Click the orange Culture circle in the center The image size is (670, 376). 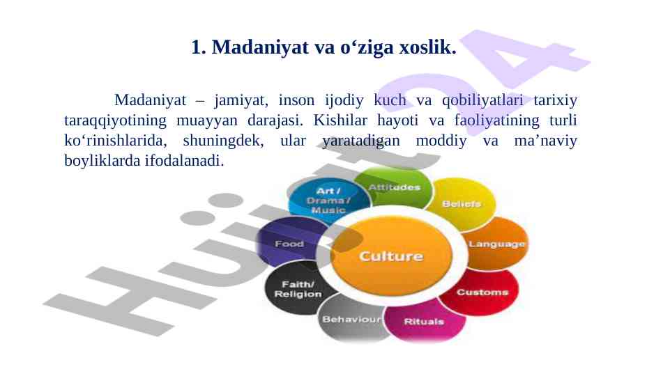point(391,256)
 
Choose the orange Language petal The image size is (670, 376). point(496,244)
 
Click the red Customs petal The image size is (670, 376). point(482,292)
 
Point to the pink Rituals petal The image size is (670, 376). point(425,321)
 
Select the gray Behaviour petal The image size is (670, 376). point(351,319)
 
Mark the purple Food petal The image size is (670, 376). point(289,244)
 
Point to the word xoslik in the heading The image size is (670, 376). point(427,47)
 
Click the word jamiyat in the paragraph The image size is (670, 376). point(241,101)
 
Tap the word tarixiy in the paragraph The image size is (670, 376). point(555,100)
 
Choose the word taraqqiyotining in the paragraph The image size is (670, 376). point(115,120)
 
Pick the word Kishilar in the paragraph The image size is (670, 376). point(340,120)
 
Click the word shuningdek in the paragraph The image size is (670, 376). point(223,141)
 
